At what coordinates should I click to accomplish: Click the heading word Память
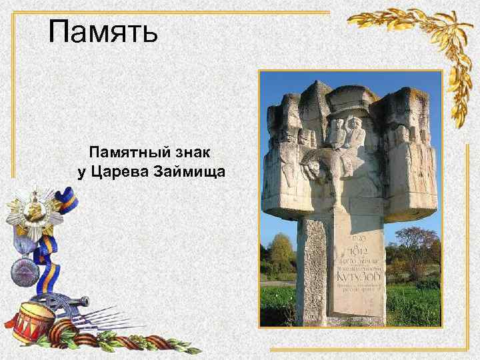point(103,31)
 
